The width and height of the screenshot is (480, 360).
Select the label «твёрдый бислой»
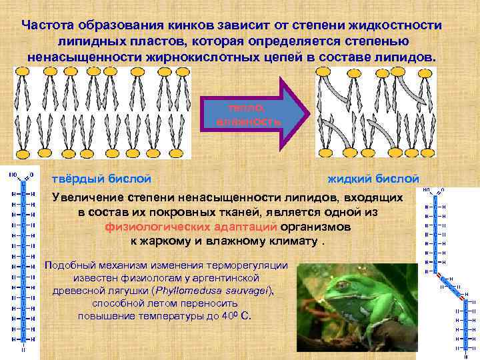click(x=101, y=179)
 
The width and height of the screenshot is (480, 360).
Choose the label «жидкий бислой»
click(x=373, y=179)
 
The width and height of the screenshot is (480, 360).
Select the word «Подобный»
click(x=69, y=265)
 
